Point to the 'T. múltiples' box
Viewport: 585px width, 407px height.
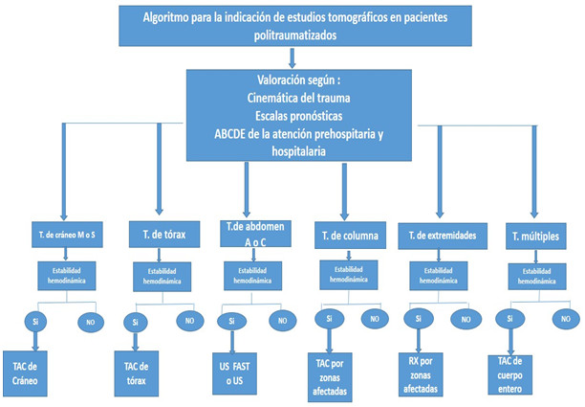pos(532,236)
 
